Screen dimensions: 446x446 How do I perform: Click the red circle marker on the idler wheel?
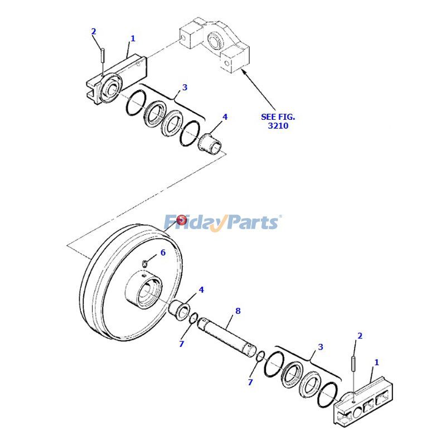tap(181, 221)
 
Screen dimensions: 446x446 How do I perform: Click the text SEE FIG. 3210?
tap(278, 121)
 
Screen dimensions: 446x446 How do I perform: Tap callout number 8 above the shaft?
tap(238, 311)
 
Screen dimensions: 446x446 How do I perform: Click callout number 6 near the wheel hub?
tap(163, 253)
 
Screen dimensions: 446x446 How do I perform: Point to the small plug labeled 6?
tap(144, 264)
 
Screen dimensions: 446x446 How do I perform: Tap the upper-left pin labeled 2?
tap(104, 56)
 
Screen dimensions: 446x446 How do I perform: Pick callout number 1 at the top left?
tap(133, 38)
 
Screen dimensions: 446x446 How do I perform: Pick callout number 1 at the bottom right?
tap(376, 362)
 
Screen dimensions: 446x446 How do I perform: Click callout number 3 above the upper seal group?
tap(185, 88)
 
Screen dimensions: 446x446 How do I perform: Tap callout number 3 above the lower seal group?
tap(320, 347)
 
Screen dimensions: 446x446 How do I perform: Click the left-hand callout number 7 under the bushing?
tap(181, 344)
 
